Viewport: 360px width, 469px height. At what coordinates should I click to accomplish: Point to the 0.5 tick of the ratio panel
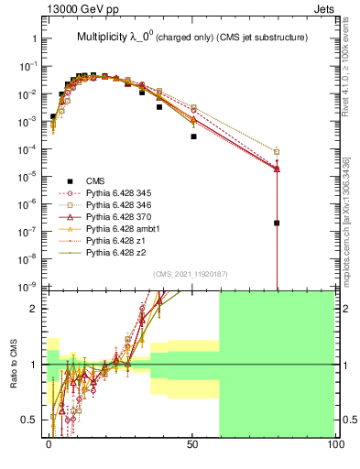click(30, 420)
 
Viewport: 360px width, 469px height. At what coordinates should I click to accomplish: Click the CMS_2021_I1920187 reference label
click(190, 274)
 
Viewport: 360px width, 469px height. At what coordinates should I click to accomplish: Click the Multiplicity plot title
click(191, 37)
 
